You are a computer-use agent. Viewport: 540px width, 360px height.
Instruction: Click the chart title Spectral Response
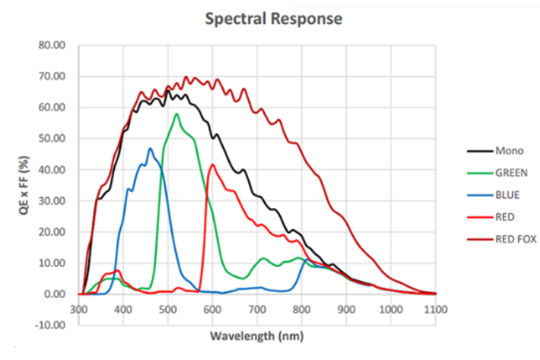274,18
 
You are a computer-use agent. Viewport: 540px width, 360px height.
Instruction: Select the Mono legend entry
511,151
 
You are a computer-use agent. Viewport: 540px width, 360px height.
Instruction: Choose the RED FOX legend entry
516,239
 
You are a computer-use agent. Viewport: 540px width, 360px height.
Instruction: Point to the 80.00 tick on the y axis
53,45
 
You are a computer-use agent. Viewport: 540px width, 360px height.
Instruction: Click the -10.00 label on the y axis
51,325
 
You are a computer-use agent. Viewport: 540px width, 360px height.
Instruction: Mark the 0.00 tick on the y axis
55,294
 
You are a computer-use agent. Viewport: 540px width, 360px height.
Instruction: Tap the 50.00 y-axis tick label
53,138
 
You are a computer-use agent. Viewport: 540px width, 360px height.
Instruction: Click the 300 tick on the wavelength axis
79,309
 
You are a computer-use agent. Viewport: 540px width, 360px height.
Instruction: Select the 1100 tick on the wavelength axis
436,309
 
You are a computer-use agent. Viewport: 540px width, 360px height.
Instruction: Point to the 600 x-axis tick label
213,309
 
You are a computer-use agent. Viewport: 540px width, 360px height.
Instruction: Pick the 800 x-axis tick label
302,309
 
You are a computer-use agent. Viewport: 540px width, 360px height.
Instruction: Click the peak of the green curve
176,114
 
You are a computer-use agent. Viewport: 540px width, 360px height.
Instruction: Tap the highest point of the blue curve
150,148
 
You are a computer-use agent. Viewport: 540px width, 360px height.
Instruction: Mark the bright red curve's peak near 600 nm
213,165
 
